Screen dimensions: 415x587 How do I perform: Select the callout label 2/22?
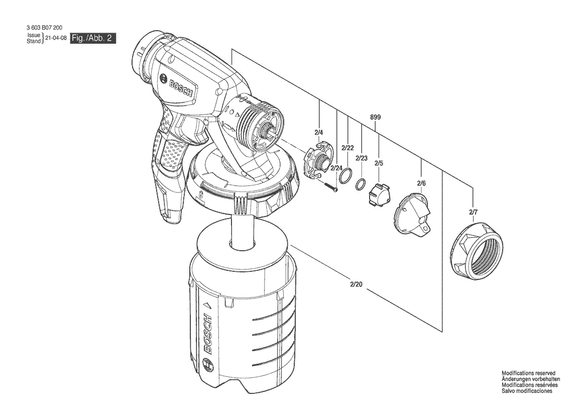tap(347, 148)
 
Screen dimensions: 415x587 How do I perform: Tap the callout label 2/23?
tap(362, 158)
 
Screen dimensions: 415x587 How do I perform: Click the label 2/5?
tap(379, 163)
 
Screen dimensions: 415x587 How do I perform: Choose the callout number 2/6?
tap(421, 183)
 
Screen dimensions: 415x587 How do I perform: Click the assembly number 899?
tap(375, 117)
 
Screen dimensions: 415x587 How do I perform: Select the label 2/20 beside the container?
tap(356, 284)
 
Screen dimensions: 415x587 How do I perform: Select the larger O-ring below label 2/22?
tap(345, 176)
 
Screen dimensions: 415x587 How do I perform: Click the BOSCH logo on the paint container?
tap(208, 334)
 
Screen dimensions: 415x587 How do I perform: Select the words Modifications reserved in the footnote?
tap(526, 373)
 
